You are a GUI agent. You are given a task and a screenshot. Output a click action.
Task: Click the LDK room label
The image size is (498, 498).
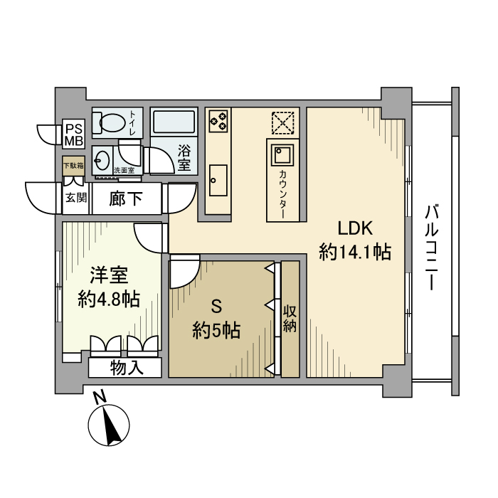(356, 228)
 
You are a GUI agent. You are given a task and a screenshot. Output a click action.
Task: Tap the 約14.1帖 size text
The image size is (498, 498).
(356, 252)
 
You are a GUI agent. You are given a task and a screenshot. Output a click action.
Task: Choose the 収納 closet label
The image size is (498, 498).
(290, 319)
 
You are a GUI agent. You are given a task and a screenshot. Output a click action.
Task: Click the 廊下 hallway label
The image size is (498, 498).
(125, 199)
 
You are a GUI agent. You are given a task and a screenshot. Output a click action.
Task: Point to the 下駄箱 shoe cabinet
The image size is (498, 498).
(73, 166)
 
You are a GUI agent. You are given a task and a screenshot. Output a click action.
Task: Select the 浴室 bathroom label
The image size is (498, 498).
(184, 157)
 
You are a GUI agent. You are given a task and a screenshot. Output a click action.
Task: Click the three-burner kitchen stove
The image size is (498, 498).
(218, 120)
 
